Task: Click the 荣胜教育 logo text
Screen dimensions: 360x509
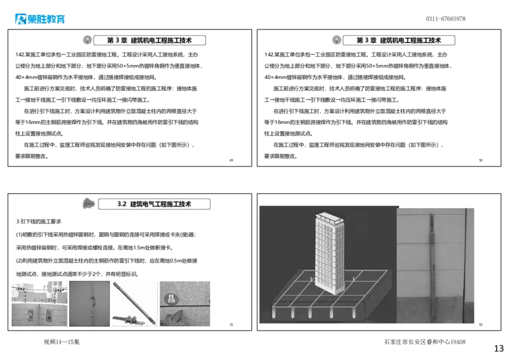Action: pyautogui.click(x=46, y=19)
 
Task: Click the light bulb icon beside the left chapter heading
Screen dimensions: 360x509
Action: pyautogui.click(x=87, y=39)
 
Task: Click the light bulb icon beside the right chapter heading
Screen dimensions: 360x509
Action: pyautogui.click(x=337, y=39)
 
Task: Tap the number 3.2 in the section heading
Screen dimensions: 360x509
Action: pyautogui.click(x=123, y=204)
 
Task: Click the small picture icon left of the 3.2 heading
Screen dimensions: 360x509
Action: pyautogui.click(x=88, y=204)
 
